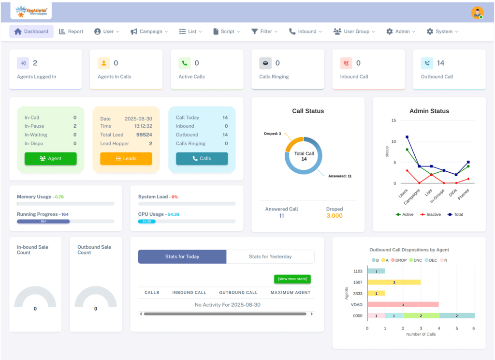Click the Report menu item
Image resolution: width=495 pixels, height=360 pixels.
pos(71,31)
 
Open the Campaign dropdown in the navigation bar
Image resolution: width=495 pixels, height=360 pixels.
pos(149,31)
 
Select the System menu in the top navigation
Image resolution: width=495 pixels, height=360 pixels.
pos(442,31)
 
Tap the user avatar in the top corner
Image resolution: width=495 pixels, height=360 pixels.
pos(477,13)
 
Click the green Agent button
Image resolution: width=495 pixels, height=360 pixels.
pos(50,159)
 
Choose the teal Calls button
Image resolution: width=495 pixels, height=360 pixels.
pos(202,159)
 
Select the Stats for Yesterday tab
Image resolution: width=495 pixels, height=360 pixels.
pos(270,256)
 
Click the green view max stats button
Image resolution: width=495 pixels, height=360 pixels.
pos(292,279)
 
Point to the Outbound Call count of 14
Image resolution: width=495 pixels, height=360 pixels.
pos(440,63)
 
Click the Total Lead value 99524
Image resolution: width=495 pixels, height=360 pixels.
pos(144,135)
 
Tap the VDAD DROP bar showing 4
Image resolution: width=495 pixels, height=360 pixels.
pos(403,304)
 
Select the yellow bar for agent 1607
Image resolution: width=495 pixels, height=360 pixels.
pos(394,282)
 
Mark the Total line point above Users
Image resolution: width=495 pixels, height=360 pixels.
pos(407,137)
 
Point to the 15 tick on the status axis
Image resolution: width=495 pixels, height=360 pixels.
pos(394,120)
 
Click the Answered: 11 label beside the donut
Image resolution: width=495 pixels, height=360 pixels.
pos(339,176)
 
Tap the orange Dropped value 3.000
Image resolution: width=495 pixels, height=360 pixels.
pos(335,216)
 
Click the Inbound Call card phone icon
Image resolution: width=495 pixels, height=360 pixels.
pos(346,63)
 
